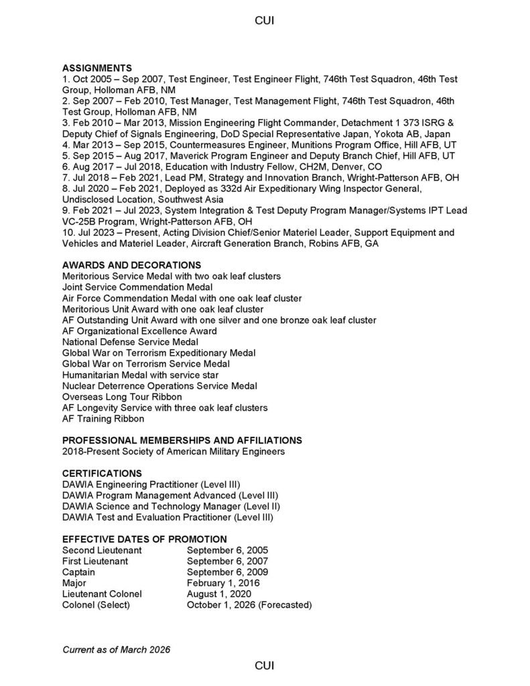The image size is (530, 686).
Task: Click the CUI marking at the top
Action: tap(264, 21)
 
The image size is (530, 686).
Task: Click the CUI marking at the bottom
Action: tap(264, 665)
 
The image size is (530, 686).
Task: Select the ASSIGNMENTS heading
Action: tap(97, 68)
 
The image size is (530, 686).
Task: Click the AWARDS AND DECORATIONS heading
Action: tap(131, 265)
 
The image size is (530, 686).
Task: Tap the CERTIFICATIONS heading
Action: tap(102, 473)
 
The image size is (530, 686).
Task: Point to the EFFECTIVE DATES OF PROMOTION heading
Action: tap(144, 539)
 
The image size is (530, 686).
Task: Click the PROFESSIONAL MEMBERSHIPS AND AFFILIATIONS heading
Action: tap(182, 440)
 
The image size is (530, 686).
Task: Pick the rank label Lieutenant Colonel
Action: tap(102, 594)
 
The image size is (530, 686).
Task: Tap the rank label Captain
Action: tap(78, 572)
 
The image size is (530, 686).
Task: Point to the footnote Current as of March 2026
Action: tap(116, 649)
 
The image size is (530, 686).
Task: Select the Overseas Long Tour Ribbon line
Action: tap(122, 397)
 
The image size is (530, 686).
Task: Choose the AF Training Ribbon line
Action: tap(103, 419)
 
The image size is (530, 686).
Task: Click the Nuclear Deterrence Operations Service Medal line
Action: tap(159, 386)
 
